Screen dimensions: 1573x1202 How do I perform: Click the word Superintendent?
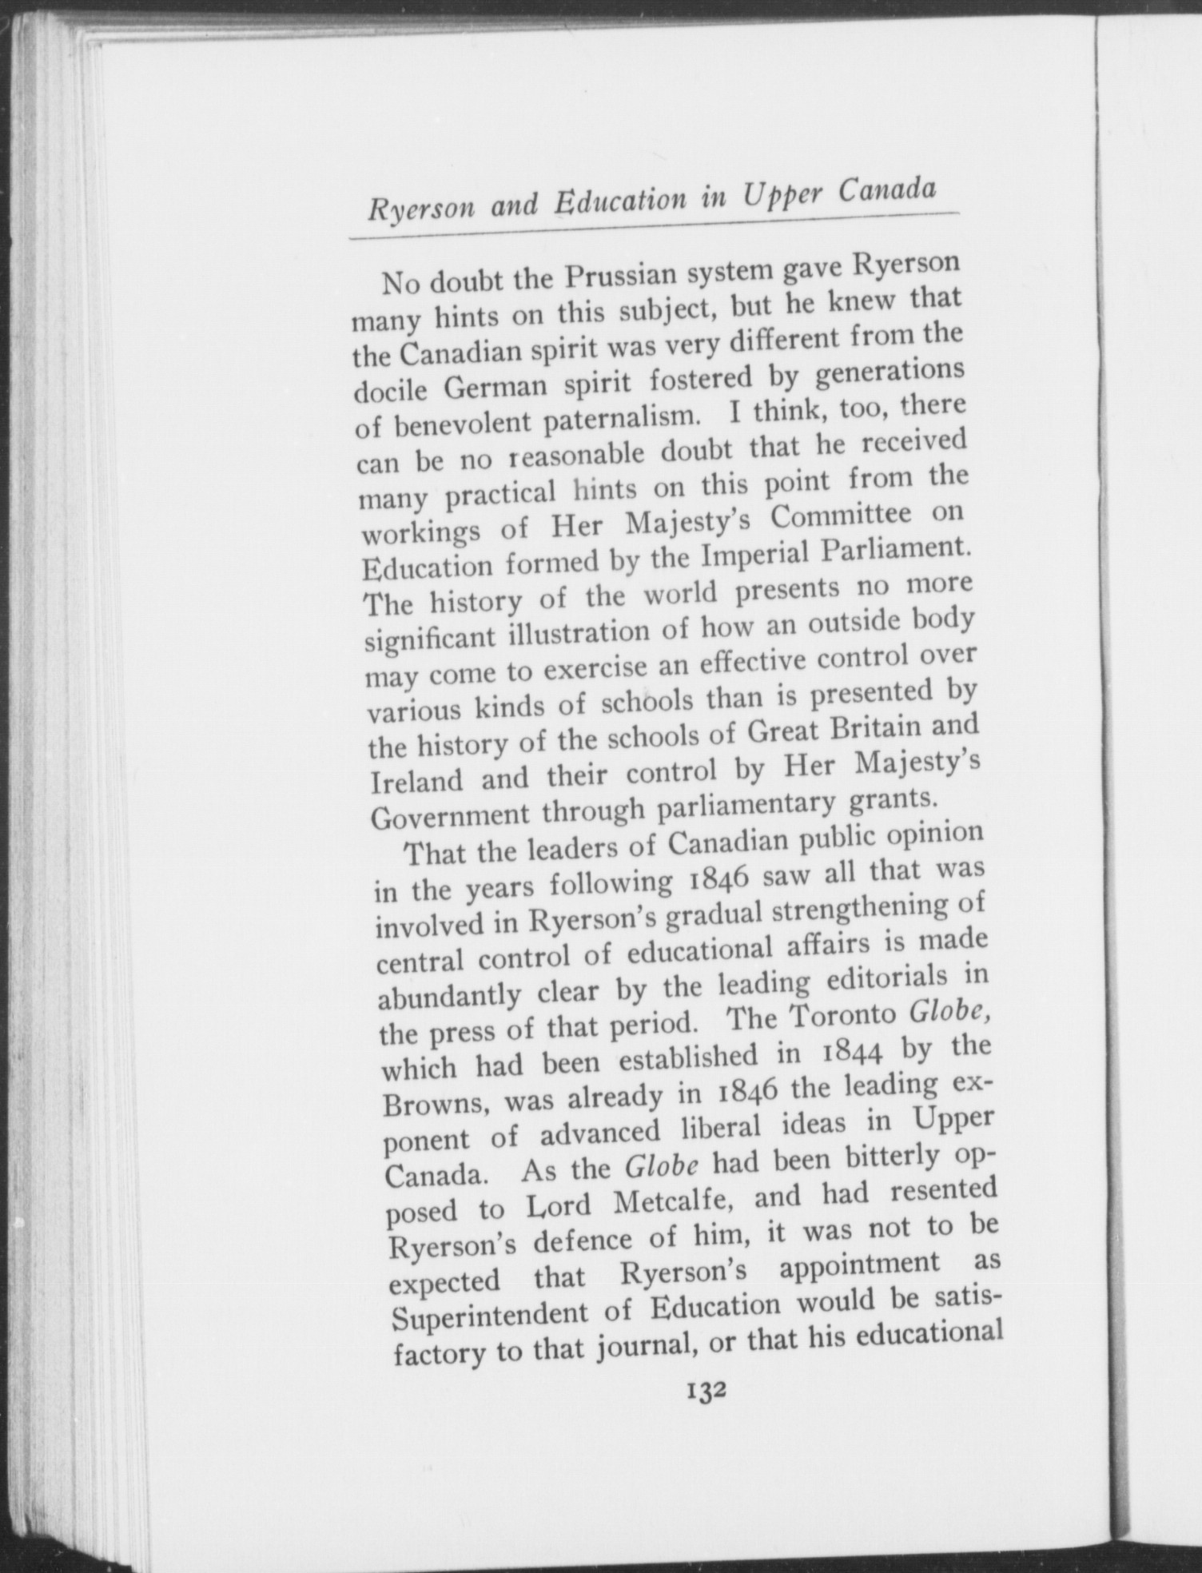(x=510, y=1316)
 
